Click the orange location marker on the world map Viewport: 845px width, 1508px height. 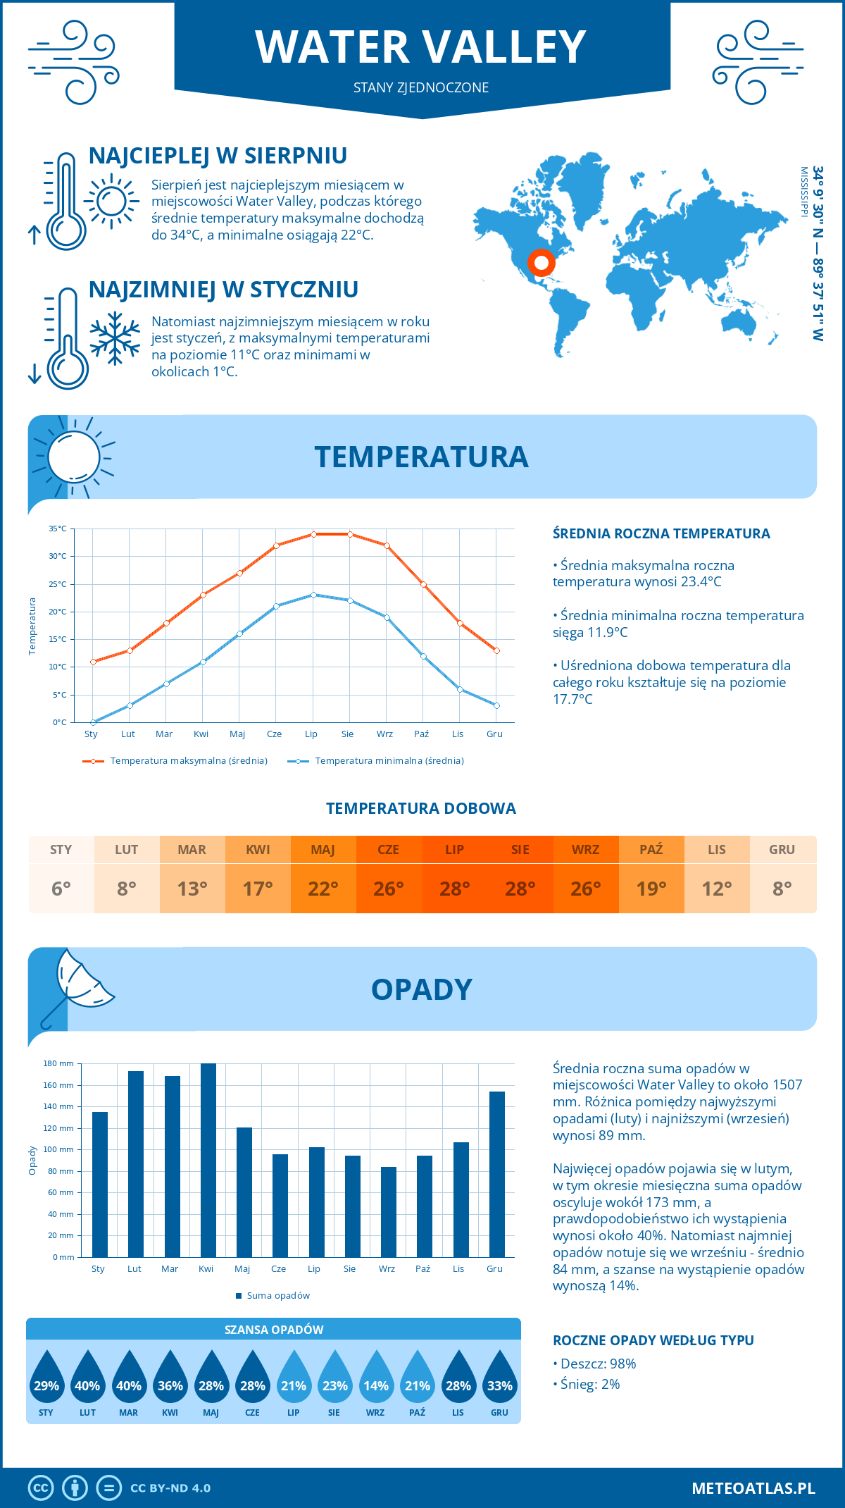(x=541, y=263)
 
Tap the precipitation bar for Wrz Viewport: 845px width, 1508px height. (x=389, y=1212)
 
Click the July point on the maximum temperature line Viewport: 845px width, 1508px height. (x=313, y=534)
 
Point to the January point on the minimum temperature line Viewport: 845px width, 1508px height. (x=93, y=722)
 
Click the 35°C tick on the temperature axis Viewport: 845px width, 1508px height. (x=58, y=529)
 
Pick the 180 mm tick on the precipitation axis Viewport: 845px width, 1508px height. (x=59, y=1063)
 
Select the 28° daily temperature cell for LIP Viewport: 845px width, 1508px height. (x=454, y=889)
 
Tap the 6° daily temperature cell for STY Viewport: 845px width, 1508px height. (x=61, y=889)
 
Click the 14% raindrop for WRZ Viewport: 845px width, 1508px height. (x=376, y=1380)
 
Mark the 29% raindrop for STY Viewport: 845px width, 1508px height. (x=46, y=1380)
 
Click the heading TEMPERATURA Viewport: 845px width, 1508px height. (x=421, y=457)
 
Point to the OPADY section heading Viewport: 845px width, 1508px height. (x=421, y=989)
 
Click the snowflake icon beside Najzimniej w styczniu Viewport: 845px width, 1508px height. (x=115, y=338)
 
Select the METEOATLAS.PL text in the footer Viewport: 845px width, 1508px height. (x=753, y=1488)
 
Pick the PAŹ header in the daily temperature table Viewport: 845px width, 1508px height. (x=651, y=849)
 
